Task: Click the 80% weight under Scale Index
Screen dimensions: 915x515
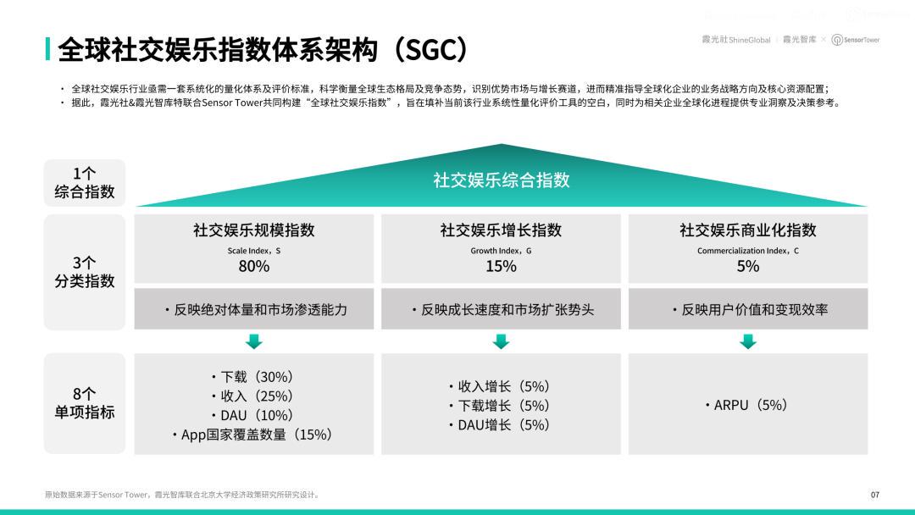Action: [x=254, y=267]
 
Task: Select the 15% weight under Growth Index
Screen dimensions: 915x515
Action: [x=501, y=267]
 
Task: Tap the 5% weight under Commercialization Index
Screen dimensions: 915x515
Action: [x=747, y=267]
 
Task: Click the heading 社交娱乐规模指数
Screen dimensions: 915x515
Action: [x=254, y=230]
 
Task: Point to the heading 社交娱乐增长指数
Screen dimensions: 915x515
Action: [x=501, y=230]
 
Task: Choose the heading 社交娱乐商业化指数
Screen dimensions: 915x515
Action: [x=747, y=230]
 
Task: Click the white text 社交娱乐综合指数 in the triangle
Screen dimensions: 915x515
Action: [x=502, y=180]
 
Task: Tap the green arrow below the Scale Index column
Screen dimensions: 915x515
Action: [x=254, y=341]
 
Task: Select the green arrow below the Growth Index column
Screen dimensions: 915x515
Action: [x=501, y=341]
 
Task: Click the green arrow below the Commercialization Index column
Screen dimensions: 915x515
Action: [x=747, y=341]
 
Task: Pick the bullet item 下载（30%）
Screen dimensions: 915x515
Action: [x=252, y=377]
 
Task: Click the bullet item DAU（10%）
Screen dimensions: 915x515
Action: [x=252, y=415]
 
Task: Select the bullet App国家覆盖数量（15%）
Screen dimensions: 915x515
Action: [x=252, y=435]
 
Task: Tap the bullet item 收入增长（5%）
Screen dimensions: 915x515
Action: [x=500, y=386]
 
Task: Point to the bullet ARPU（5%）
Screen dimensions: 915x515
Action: [x=746, y=405]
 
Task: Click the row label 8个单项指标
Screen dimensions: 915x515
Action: [x=85, y=403]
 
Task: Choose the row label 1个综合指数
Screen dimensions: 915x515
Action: [x=85, y=183]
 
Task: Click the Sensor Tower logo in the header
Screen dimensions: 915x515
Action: [x=856, y=40]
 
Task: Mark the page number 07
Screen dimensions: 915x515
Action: [x=874, y=495]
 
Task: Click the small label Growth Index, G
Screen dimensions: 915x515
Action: [x=501, y=251]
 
